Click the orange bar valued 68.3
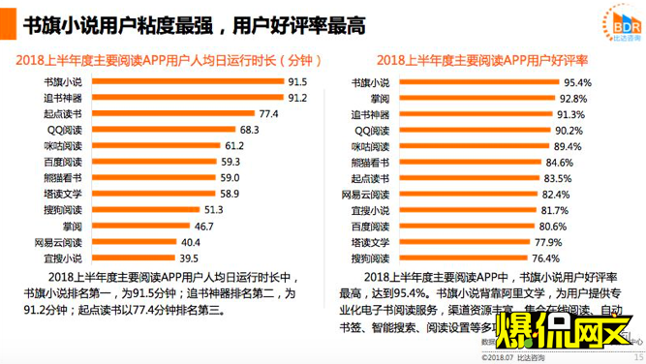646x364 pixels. [160, 129]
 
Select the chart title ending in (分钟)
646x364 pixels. [162, 60]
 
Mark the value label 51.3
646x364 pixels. [213, 209]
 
